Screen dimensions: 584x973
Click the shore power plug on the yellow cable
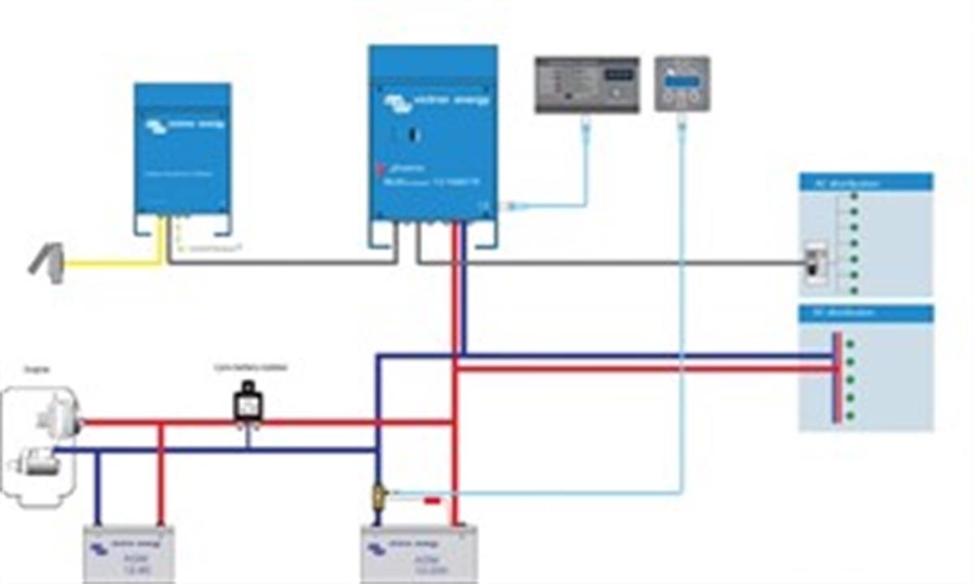coord(48,264)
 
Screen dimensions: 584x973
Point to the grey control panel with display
coord(587,84)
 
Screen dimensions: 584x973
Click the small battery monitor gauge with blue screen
coord(682,84)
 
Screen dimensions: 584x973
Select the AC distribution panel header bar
coord(865,182)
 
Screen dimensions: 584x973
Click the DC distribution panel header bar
coord(865,313)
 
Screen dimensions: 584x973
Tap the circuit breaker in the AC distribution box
coord(814,264)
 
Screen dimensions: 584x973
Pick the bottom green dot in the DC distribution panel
coord(851,416)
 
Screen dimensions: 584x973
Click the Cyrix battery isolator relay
coord(246,403)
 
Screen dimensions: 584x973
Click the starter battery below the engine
coord(129,554)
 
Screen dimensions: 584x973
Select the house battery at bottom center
coord(419,554)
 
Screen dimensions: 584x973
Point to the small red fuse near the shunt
coord(432,501)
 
